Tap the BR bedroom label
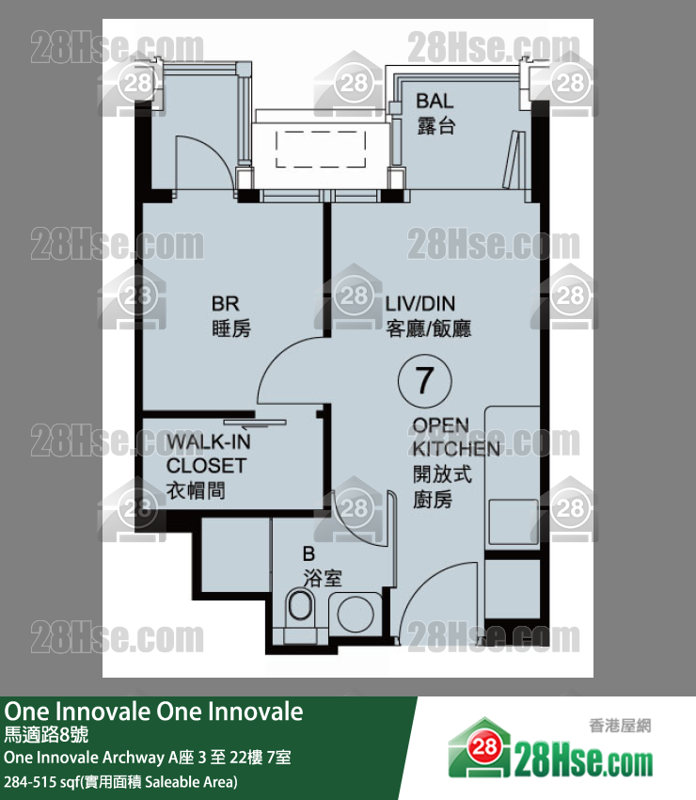click(x=231, y=316)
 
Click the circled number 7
click(x=425, y=380)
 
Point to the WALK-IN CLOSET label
click(x=208, y=465)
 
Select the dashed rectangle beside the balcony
click(x=321, y=149)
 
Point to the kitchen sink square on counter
click(x=513, y=522)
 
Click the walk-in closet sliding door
click(x=255, y=423)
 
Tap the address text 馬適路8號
click(x=46, y=734)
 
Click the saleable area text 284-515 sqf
click(x=120, y=781)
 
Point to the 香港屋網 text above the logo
click(x=620, y=725)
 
